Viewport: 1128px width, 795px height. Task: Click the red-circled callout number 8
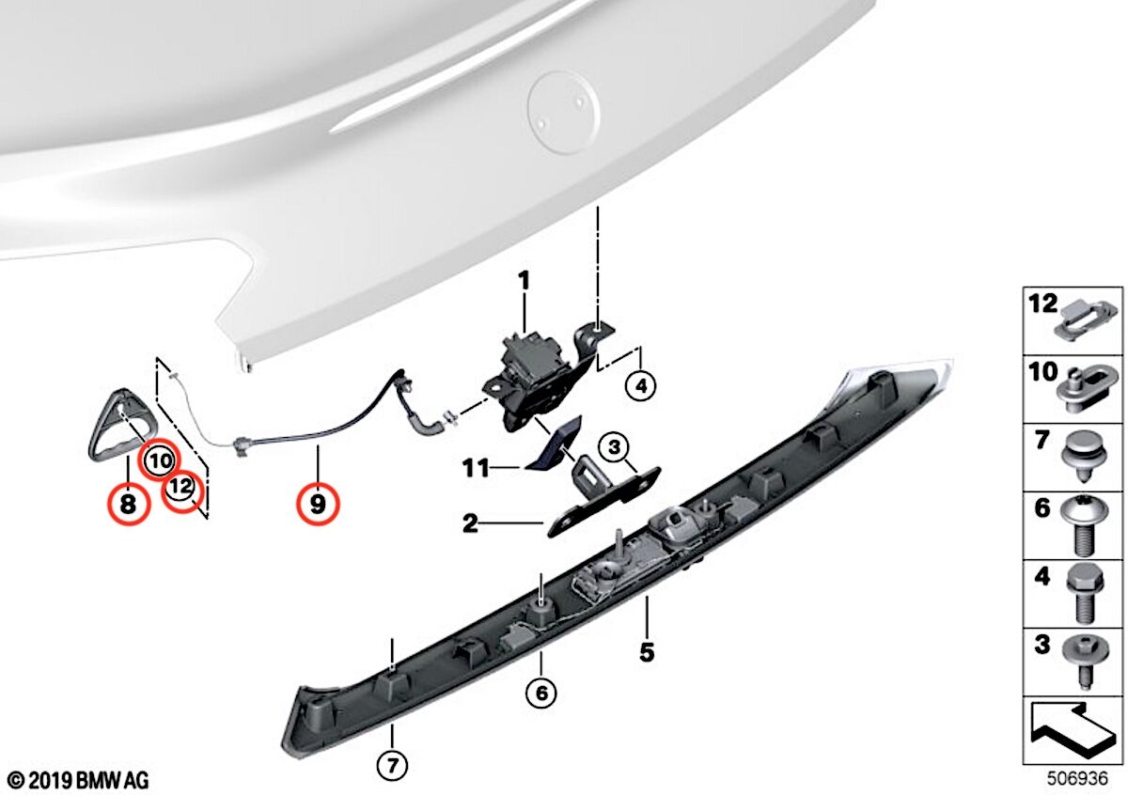pyautogui.click(x=129, y=504)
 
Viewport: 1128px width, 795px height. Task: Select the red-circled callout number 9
pyautogui.click(x=318, y=503)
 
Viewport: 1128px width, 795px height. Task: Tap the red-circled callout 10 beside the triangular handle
pyautogui.click(x=160, y=460)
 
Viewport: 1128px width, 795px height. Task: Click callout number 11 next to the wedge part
pyautogui.click(x=476, y=468)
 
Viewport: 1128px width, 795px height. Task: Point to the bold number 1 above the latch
pyautogui.click(x=525, y=280)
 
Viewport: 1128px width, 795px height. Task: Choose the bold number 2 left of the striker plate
pyautogui.click(x=470, y=524)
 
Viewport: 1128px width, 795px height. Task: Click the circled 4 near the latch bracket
pyautogui.click(x=640, y=386)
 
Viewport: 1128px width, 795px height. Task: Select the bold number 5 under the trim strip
pyautogui.click(x=647, y=652)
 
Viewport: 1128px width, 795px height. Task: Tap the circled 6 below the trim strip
pyautogui.click(x=541, y=694)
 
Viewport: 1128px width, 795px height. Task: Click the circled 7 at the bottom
pyautogui.click(x=392, y=766)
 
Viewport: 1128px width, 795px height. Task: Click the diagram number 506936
pyautogui.click(x=1077, y=778)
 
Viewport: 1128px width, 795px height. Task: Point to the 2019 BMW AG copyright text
pyautogui.click(x=79, y=780)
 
